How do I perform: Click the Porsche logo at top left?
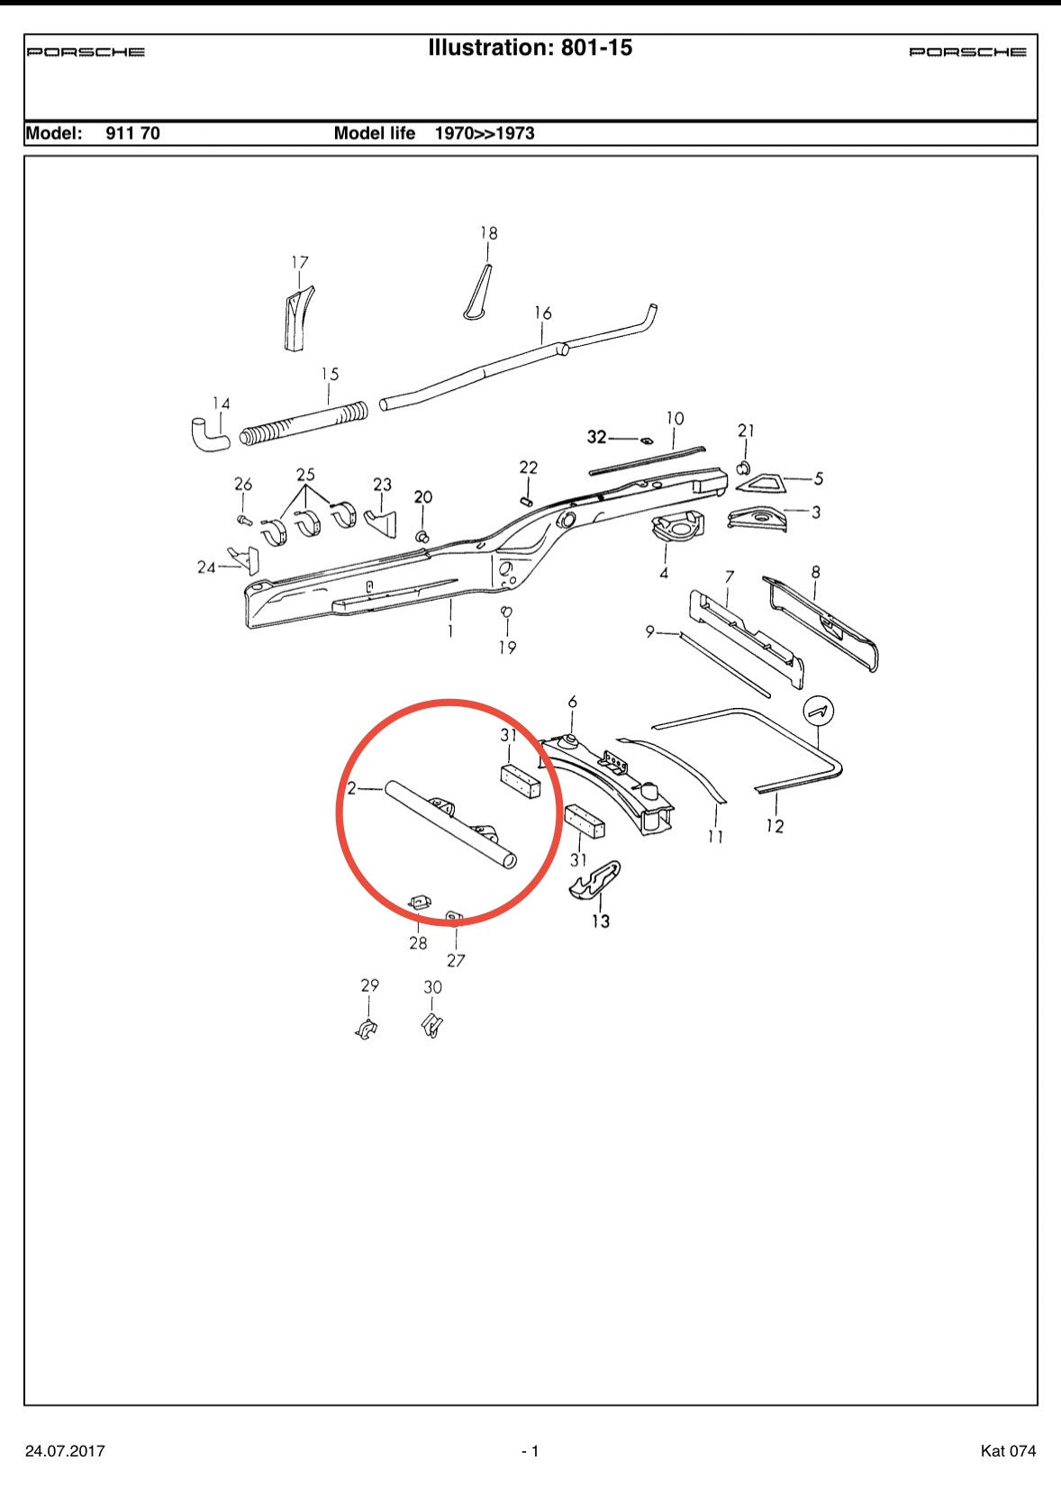point(86,52)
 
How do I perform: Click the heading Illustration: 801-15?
point(530,48)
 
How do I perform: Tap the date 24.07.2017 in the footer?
point(65,1451)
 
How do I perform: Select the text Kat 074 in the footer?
point(1008,1451)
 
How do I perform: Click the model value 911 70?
point(132,133)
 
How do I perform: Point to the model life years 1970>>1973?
point(485,133)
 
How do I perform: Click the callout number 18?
point(488,233)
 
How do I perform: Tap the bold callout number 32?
point(596,437)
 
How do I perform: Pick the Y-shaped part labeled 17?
point(296,317)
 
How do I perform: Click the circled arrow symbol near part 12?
point(819,712)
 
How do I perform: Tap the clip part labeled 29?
point(367,1028)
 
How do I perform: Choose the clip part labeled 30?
point(432,1025)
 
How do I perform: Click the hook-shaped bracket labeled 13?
point(594,880)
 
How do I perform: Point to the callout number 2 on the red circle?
point(352,788)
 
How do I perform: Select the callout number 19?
point(507,648)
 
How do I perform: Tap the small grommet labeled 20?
point(421,536)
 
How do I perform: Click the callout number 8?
point(815,572)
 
